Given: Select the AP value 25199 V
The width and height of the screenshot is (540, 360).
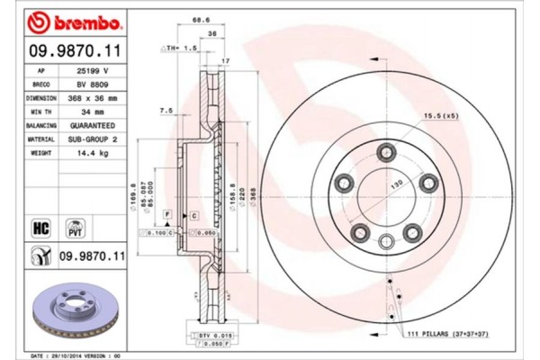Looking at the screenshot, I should pyautogui.click(x=93, y=68).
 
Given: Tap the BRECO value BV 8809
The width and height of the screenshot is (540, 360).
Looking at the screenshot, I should pyautogui.click(x=93, y=83).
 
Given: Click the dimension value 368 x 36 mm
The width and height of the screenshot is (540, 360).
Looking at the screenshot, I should pyautogui.click(x=94, y=97).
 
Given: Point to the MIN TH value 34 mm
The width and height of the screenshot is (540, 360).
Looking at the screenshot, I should pyautogui.click(x=94, y=112).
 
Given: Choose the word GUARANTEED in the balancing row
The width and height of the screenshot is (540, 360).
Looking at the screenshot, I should pyautogui.click(x=94, y=126).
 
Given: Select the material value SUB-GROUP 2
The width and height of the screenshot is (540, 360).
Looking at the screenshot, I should pyautogui.click(x=94, y=140).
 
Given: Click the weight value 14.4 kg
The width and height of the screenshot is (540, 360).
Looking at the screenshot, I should pyautogui.click(x=94, y=155).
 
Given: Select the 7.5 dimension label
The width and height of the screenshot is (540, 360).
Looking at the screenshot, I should pyautogui.click(x=166, y=111).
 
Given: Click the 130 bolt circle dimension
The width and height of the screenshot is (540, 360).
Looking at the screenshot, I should pyautogui.click(x=392, y=183).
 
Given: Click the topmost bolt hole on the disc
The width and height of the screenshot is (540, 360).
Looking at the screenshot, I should pyautogui.click(x=386, y=149).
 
